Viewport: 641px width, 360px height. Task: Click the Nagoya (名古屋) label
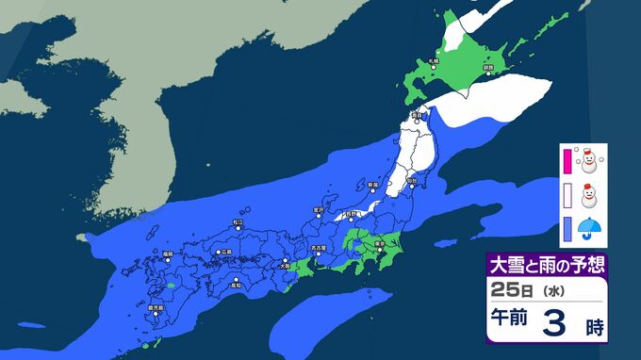point(322,249)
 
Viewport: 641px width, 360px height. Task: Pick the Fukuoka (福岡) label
point(167,254)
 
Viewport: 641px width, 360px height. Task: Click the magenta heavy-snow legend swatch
point(567,158)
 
